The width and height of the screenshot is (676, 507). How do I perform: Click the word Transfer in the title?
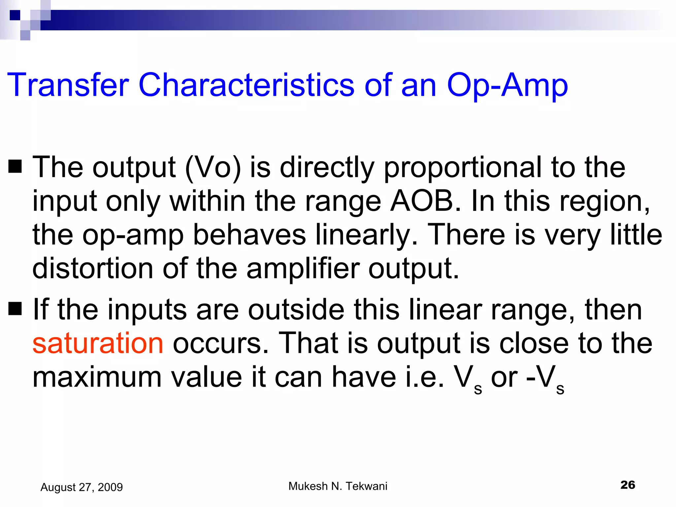(x=68, y=85)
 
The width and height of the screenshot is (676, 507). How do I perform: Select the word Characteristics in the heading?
(x=246, y=85)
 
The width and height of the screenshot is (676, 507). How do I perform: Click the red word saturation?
(x=98, y=343)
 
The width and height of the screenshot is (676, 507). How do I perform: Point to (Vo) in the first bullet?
(x=213, y=168)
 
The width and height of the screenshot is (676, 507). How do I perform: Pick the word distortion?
(x=92, y=269)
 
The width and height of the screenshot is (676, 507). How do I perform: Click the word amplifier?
(x=303, y=269)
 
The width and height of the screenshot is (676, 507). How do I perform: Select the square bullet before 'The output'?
(x=15, y=166)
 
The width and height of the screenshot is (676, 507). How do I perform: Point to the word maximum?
(x=97, y=377)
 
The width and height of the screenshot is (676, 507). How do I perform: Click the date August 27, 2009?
(x=82, y=487)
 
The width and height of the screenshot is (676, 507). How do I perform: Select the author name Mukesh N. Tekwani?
(x=338, y=486)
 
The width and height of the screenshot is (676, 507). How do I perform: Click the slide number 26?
(x=627, y=485)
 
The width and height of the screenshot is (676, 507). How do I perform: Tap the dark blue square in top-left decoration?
(x=15, y=15)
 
